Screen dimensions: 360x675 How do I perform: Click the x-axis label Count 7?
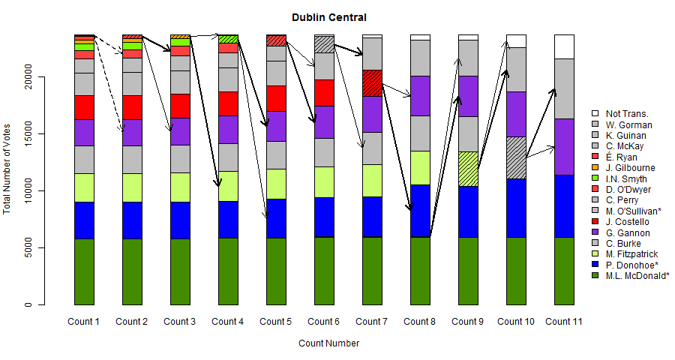[371, 322]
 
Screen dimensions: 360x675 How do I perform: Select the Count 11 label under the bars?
[563, 322]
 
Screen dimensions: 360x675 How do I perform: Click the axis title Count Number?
[328, 343]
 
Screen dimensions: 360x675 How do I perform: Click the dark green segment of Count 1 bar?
[83, 271]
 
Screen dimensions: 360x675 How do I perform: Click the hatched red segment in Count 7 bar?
[371, 82]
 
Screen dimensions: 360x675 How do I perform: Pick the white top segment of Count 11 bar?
[563, 46]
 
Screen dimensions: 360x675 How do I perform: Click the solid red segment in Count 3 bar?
[179, 106]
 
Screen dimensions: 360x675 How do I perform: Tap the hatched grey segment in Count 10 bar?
[515, 157]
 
